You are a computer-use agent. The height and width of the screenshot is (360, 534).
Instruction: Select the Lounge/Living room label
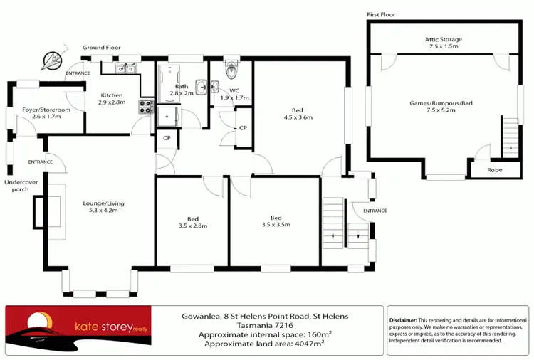[x=99, y=206]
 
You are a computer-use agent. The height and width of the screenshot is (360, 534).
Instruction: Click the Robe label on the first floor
[x=494, y=170]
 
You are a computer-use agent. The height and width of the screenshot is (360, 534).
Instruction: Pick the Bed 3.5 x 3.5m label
[x=276, y=221]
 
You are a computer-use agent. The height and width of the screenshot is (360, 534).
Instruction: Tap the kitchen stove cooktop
[x=145, y=107]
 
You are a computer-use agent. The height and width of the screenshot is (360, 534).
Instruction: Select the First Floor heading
[x=381, y=14]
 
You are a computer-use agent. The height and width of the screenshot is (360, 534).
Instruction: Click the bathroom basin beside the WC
[x=203, y=87]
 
